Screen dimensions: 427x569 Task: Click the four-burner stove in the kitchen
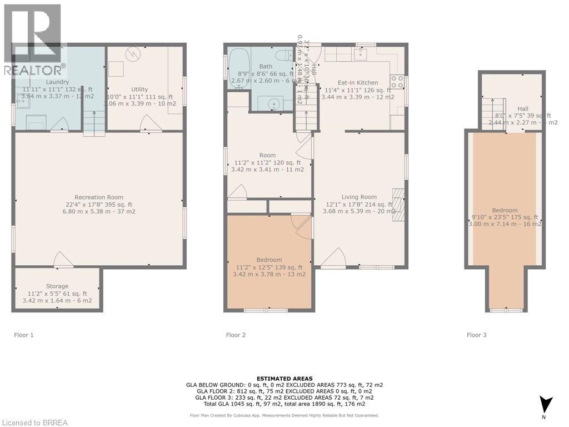pos(397,82)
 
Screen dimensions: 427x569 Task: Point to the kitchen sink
pos(365,54)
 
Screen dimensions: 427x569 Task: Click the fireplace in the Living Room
pos(398,205)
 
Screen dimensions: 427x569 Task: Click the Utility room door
pos(148,124)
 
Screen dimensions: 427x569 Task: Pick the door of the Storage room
pos(62,260)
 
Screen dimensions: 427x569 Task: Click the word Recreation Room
pos(99,197)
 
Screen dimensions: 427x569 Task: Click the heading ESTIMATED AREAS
pos(284,379)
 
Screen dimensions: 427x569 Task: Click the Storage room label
pos(57,286)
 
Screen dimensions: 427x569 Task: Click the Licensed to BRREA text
pos(34,422)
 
